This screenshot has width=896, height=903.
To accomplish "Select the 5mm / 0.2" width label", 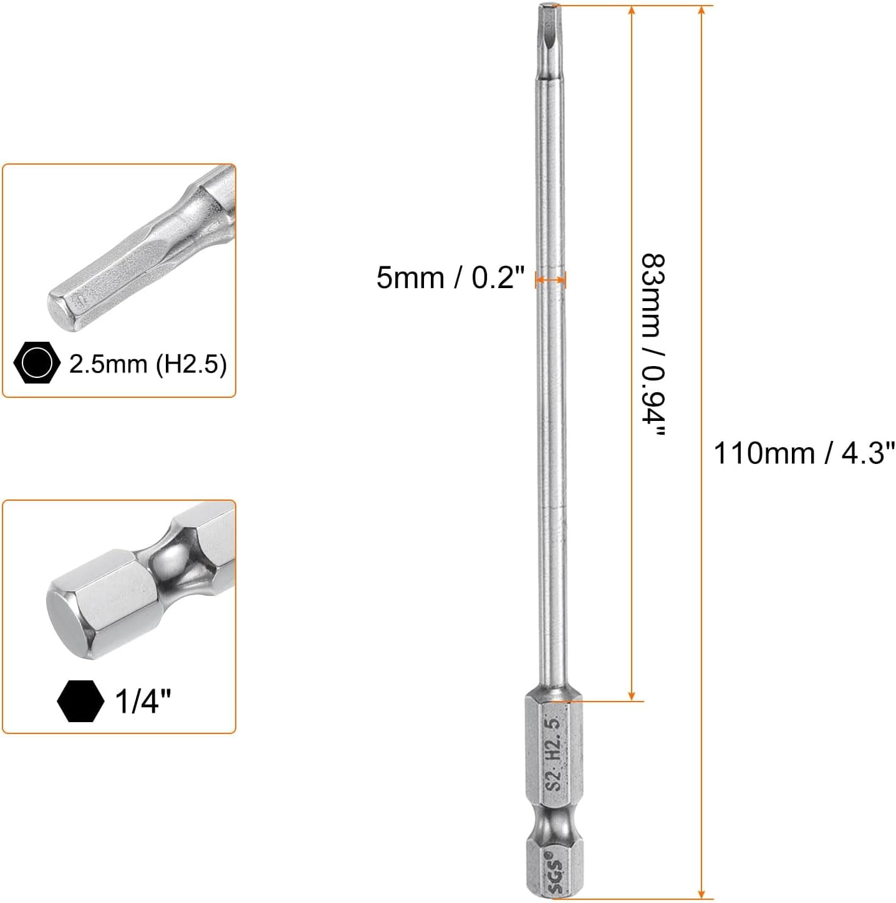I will (450, 277).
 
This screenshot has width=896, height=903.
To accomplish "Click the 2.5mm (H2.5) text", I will (148, 364).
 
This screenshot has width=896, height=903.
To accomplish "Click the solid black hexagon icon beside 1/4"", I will (80, 701).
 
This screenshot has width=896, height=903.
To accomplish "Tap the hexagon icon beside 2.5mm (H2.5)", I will (37, 362).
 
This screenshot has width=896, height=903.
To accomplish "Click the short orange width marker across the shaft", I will (551, 281).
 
